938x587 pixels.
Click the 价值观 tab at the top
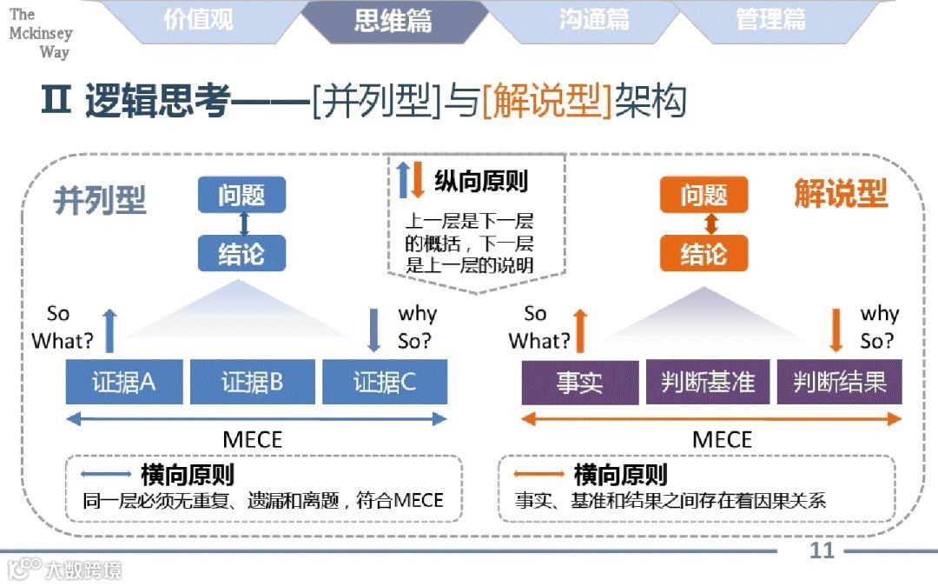click(x=198, y=20)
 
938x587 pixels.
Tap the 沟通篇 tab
click(x=594, y=20)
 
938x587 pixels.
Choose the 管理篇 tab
click(x=770, y=20)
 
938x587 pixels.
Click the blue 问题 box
click(x=241, y=195)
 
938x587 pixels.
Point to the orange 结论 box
click(x=703, y=254)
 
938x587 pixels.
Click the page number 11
click(x=822, y=550)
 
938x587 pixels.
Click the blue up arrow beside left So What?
click(x=109, y=330)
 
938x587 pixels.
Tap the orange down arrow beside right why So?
click(x=836, y=330)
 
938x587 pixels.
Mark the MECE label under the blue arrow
click(x=253, y=439)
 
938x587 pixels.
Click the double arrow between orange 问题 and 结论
click(x=711, y=224)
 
